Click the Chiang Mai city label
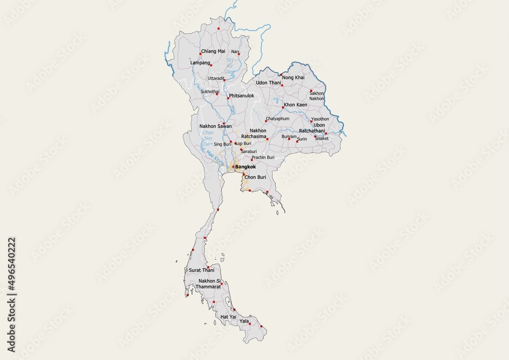coord(213,51)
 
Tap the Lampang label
coord(200,63)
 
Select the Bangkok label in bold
coord(245,167)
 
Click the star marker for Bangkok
coord(233,167)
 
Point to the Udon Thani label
coord(268,82)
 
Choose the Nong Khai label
coord(293,77)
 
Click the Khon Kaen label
coord(295,105)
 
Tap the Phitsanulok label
coord(241,96)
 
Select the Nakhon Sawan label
coord(215,126)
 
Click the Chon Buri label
coord(256,177)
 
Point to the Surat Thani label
coord(202,270)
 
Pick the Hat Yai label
coord(228,317)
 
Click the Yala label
coord(244,321)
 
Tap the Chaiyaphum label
coord(277,119)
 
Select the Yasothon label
coord(320,119)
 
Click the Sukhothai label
coord(210,92)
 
